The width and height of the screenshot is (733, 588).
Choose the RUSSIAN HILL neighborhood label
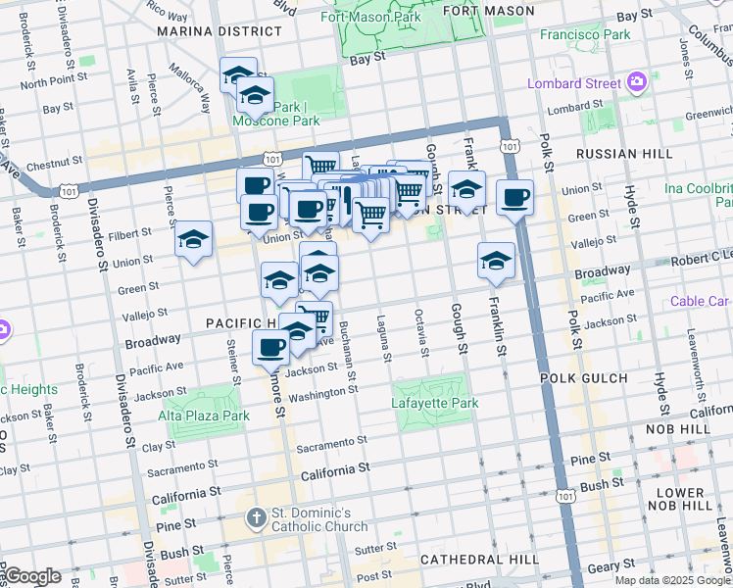624,154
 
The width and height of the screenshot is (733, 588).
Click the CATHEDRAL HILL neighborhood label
475,560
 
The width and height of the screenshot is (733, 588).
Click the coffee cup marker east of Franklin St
514,198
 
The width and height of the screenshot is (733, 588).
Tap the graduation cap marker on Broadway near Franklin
497,261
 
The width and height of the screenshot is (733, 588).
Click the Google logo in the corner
31,576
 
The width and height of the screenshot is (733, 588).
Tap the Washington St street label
329,393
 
